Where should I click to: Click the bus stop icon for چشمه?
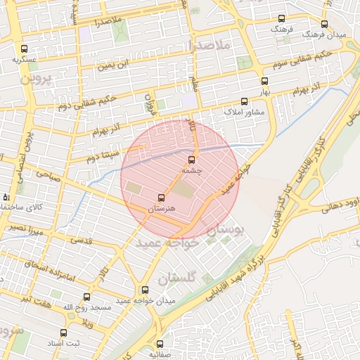coord(193,160)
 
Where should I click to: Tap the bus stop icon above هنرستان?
coord(161,198)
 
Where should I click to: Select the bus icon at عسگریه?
coord(25,49)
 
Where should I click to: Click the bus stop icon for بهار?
coord(264,82)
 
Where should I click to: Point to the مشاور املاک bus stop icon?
coord(244,102)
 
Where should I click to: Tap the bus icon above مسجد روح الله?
coord(87,297)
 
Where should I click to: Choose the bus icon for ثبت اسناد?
coord(63,333)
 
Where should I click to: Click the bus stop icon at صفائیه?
coord(160,345)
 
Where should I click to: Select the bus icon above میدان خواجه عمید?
coord(145,290)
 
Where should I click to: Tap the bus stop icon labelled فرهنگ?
coord(282,19)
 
